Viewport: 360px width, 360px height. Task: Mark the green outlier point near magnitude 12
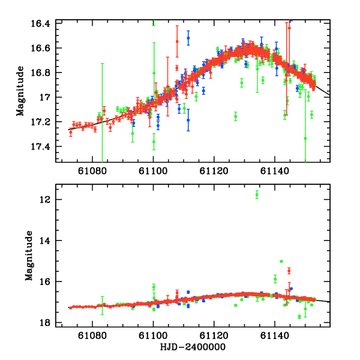(257, 194)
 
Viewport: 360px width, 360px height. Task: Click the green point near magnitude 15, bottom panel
(281, 261)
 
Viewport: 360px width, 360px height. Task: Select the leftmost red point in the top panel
(70, 132)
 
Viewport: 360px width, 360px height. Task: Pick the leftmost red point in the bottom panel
(70, 307)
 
